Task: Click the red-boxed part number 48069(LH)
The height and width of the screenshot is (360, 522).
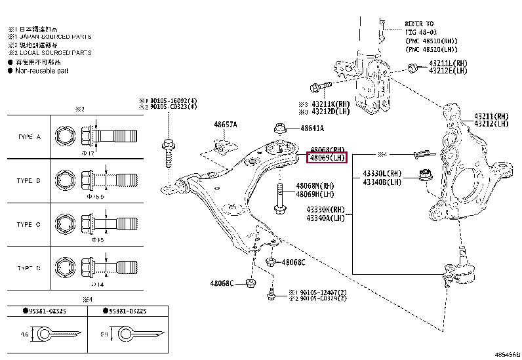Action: pos(327,158)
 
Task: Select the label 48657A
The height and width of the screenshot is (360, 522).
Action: pos(225,124)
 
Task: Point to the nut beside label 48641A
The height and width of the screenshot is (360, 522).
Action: pos(279,128)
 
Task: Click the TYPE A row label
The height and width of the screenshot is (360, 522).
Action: pos(30,136)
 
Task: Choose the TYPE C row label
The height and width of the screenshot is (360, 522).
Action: pos(30,224)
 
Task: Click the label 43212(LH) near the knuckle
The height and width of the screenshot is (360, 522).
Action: pos(491,123)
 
